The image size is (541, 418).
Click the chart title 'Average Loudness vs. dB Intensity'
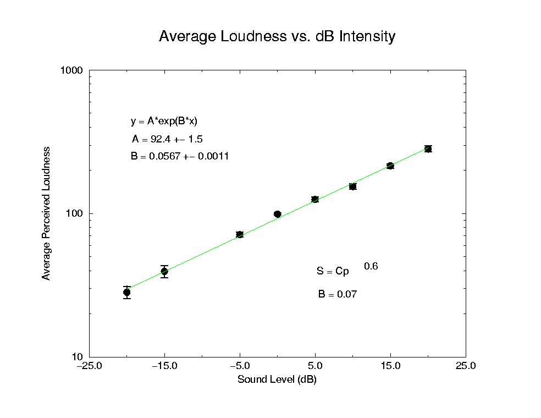coord(277,37)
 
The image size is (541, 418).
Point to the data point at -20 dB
coord(127,293)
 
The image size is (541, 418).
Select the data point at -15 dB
coord(164,271)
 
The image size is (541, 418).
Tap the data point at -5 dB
coord(240,234)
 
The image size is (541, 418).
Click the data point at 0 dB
coord(277,214)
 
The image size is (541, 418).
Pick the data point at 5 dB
coord(315,199)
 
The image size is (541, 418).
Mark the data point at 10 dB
coord(352,186)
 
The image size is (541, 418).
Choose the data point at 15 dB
coord(390,166)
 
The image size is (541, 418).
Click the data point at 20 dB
coord(428,148)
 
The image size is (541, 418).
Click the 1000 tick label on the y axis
coord(71,70)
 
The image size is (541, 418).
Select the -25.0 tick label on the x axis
coord(89,366)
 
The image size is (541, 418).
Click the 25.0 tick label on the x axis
coord(466,366)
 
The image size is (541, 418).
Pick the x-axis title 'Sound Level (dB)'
coord(277,380)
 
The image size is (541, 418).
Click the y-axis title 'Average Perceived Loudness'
coord(47,213)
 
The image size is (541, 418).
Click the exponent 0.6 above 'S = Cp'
coord(371,267)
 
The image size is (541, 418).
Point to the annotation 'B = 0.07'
coord(337,294)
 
